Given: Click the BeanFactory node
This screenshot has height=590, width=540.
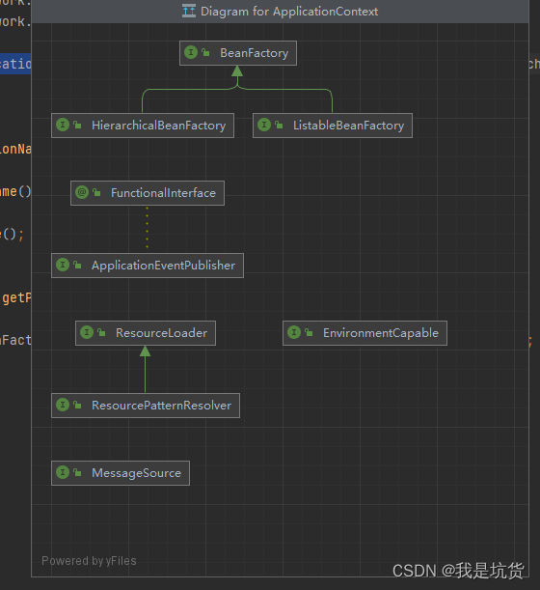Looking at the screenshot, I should pos(238,53).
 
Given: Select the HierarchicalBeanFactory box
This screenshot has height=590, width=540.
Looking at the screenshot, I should pos(142,126).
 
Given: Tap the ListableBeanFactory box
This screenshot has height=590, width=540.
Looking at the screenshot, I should pos(333,126).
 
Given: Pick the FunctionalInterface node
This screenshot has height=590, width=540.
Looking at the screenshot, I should pos(148,193).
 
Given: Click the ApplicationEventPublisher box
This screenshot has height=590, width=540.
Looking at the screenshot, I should pos(148,266).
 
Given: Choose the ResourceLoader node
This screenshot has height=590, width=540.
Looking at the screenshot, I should pos(145,333).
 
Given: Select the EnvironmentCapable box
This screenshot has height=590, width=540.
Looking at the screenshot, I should pos(364,333).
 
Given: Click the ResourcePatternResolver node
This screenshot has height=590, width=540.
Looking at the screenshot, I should pos(145,406).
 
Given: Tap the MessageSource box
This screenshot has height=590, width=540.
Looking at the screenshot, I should pos(120,473).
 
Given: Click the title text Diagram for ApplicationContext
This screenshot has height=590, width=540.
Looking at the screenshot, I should pos(289,12).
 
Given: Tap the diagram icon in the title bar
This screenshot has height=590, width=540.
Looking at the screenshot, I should pos(189,12).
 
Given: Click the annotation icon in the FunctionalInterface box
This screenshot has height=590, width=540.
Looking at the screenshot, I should pos(83,193).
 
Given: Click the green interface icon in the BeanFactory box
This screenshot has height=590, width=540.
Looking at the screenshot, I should pos(192,53).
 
